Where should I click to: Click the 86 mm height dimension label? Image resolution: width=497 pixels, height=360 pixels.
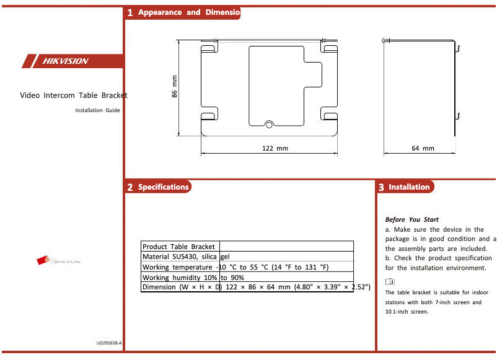click(175, 86)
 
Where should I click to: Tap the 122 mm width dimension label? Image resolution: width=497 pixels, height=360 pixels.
click(275, 149)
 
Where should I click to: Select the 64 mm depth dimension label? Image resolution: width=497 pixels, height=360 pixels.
click(423, 149)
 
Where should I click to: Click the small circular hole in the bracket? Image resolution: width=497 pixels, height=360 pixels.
click(269, 125)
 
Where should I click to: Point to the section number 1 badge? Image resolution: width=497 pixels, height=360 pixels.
click(130, 12)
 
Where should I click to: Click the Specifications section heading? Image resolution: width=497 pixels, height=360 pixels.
click(163, 187)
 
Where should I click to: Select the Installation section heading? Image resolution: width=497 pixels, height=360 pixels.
click(409, 187)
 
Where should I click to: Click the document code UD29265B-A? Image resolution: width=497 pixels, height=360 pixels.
click(109, 343)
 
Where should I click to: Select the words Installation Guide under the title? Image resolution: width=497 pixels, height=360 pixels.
click(97, 110)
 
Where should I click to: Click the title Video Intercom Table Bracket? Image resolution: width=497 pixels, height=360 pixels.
click(73, 96)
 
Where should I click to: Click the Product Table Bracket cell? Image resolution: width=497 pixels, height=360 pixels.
click(180, 246)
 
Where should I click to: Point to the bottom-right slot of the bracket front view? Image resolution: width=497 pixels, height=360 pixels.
click(329, 115)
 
